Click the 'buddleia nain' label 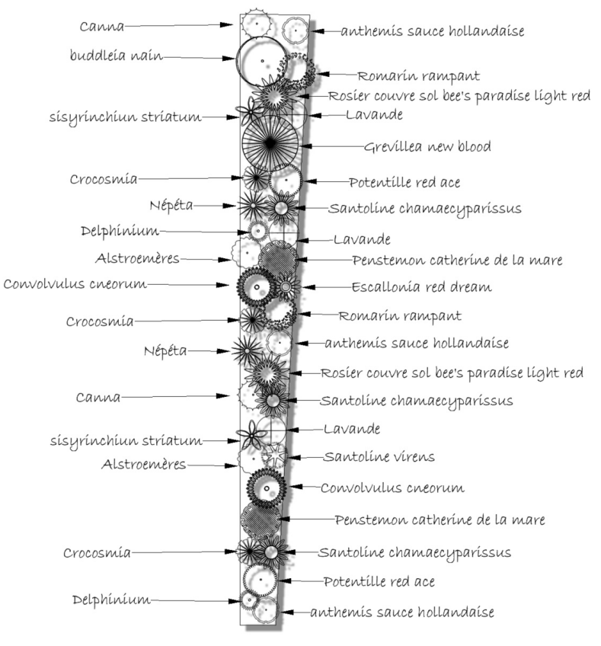[x=117, y=55]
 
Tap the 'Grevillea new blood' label [x=427, y=146]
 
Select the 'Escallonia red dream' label [x=421, y=286]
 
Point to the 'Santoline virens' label [x=379, y=456]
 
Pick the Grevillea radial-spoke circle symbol [x=270, y=143]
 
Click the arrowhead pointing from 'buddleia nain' [x=229, y=59]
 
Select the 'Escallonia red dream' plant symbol [x=286, y=286]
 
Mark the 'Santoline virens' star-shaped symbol [x=274, y=456]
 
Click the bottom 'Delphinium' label [x=111, y=600]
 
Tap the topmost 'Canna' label [x=101, y=27]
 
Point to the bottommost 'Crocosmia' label [x=97, y=552]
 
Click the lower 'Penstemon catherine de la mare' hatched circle [x=261, y=520]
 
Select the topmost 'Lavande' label [x=374, y=114]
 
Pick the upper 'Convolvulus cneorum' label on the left [x=75, y=284]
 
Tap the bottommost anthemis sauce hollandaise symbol [x=265, y=609]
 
